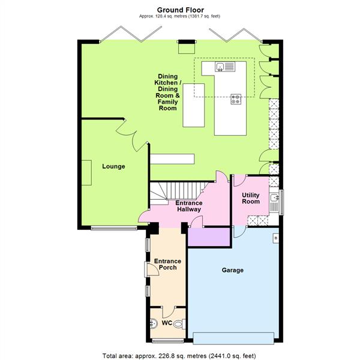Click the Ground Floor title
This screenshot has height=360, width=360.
[x=180, y=10]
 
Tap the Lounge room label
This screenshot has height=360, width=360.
[x=113, y=166]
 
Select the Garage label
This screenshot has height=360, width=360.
[x=233, y=271]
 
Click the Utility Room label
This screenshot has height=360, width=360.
[x=251, y=199]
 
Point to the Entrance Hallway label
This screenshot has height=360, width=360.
[x=188, y=206]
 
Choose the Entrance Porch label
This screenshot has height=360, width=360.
[x=167, y=265]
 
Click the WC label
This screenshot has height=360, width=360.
[x=168, y=323]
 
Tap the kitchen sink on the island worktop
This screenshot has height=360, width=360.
[x=221, y=67]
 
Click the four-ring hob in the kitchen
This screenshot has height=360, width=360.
[x=236, y=100]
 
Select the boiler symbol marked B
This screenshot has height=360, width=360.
[x=275, y=238]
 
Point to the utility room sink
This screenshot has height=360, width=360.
[x=275, y=197]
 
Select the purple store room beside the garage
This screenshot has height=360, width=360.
[x=209, y=237]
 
